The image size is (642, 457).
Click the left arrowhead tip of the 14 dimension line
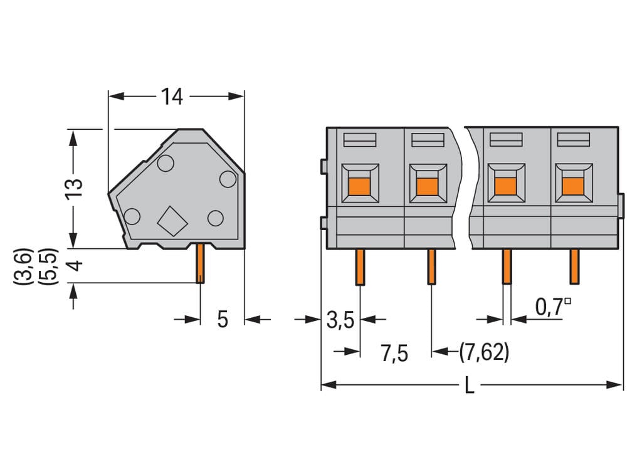(108, 97)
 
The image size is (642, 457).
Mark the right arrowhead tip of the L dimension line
(623, 385)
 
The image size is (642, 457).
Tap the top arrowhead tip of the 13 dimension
(73, 130)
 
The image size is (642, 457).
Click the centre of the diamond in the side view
(172, 221)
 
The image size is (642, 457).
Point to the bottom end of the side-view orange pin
(200, 283)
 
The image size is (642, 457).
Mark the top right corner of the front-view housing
(618, 127)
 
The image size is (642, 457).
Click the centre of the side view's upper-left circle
(166, 164)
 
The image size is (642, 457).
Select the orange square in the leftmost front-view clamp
(359, 187)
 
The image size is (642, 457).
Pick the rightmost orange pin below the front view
(574, 266)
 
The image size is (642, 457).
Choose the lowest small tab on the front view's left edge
(324, 223)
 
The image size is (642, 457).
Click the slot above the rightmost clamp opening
(573, 140)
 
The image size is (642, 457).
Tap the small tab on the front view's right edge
(621, 206)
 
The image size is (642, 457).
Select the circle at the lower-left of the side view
(132, 216)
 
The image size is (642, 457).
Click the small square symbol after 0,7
(567, 302)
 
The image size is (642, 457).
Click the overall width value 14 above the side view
(172, 97)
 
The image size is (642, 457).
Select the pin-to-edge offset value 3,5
(340, 320)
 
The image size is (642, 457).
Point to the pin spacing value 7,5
(394, 353)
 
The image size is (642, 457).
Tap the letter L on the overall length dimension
(470, 386)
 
